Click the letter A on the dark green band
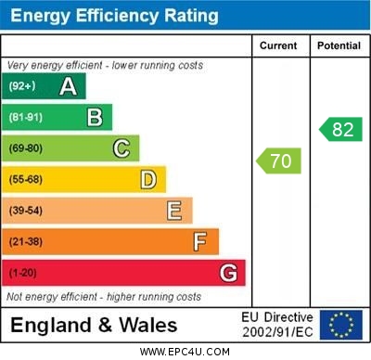pos(68,86)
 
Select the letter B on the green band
pos(95,117)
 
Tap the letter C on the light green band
pos(122,148)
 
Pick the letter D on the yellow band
pos(148,179)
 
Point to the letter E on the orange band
pos(174,211)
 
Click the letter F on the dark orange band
pos(200,242)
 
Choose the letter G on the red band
pos(228,273)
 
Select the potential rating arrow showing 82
pos(340,129)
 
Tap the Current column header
pos(278,45)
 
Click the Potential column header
pos(339,45)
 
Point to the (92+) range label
pos(22,86)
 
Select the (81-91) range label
pos(26,117)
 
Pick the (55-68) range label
pos(26,179)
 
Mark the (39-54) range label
pos(26,211)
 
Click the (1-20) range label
pos(23,273)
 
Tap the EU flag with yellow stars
pos(341,325)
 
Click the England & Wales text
pos(94,325)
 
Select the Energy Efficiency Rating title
pos(114,16)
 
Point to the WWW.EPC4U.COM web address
pos(185,352)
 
